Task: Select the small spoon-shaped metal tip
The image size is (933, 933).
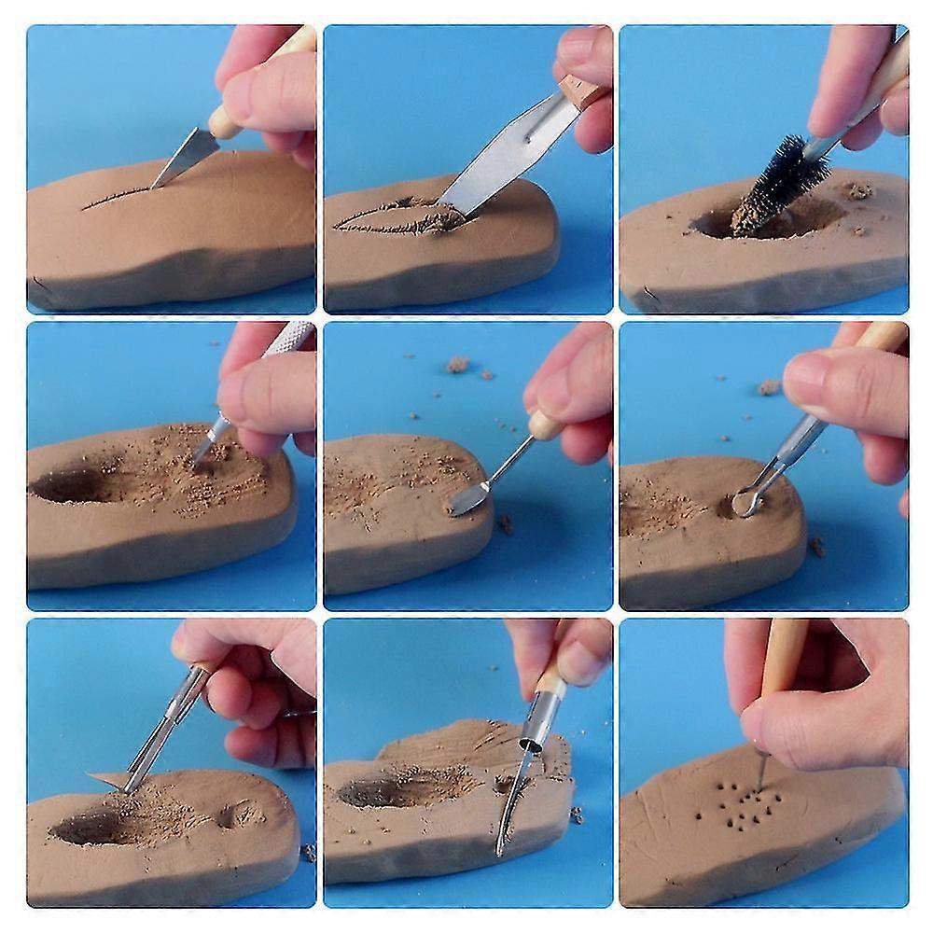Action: point(466,502)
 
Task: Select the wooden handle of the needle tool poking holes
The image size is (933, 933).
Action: point(782,659)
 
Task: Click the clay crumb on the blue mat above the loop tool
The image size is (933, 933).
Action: point(769,385)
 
